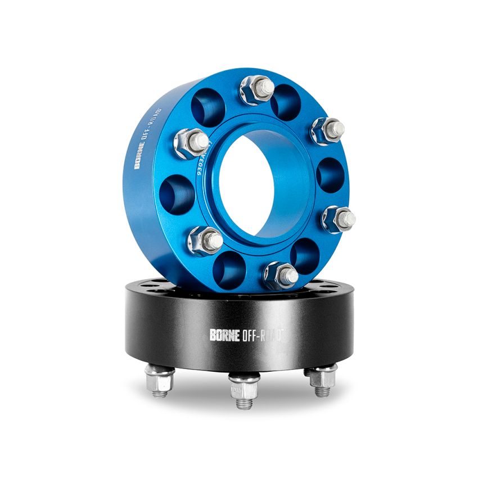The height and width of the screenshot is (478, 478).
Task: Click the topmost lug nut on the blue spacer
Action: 257,88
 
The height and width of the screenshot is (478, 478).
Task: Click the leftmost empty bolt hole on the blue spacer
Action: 179,193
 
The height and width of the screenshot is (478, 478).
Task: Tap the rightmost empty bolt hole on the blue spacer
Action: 330,174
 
